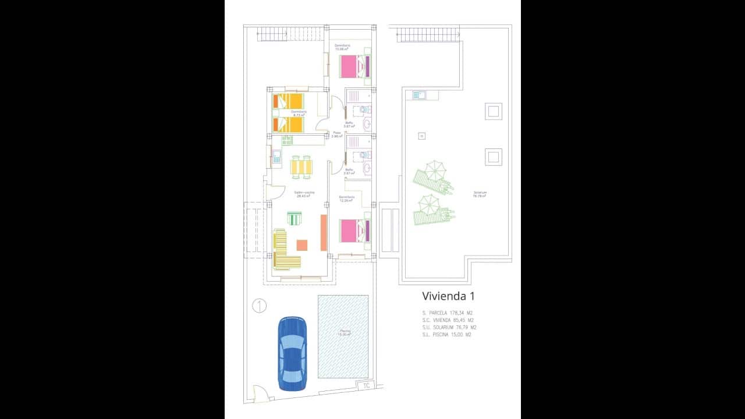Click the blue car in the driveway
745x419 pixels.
pos(292,353)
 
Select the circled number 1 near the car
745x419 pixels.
pos(260,305)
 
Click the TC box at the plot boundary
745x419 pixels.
pos(366,385)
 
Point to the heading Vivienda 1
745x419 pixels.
pos(448,296)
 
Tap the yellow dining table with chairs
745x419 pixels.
pos(301,167)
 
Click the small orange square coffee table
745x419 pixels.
pos(301,245)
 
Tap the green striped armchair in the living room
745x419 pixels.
pos(295,219)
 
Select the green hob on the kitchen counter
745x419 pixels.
pos(288,140)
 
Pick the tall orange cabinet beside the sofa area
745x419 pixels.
pos(324,232)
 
